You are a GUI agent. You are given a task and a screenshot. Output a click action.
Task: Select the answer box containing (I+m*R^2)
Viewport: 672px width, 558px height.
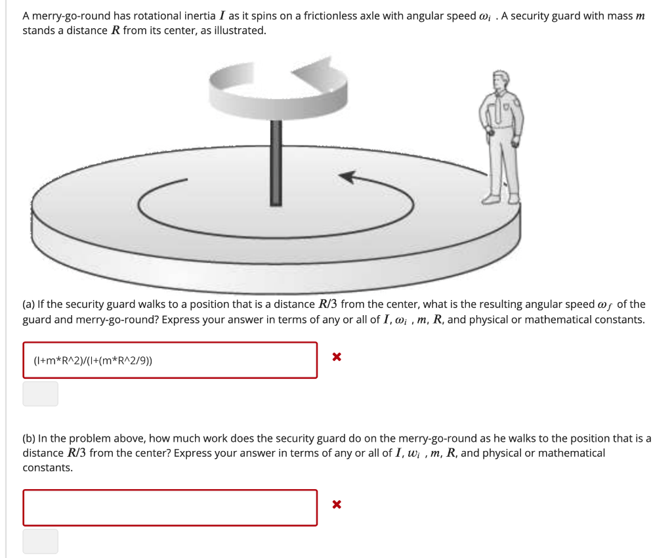(170, 360)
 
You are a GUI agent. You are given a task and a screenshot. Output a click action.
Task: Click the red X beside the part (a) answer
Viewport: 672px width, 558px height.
(336, 358)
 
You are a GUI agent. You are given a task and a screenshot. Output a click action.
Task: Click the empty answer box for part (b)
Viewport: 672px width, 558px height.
(170, 507)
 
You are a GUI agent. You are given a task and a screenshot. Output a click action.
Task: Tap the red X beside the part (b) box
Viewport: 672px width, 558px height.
(336, 505)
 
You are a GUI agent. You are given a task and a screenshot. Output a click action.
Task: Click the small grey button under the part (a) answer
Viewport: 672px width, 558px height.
(41, 394)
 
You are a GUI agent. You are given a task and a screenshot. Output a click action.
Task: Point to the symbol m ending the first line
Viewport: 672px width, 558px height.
(640, 16)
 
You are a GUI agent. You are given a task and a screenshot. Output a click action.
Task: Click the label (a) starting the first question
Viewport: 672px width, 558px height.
(29, 304)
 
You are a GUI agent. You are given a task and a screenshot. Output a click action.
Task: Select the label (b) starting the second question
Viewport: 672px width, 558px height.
(29, 439)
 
